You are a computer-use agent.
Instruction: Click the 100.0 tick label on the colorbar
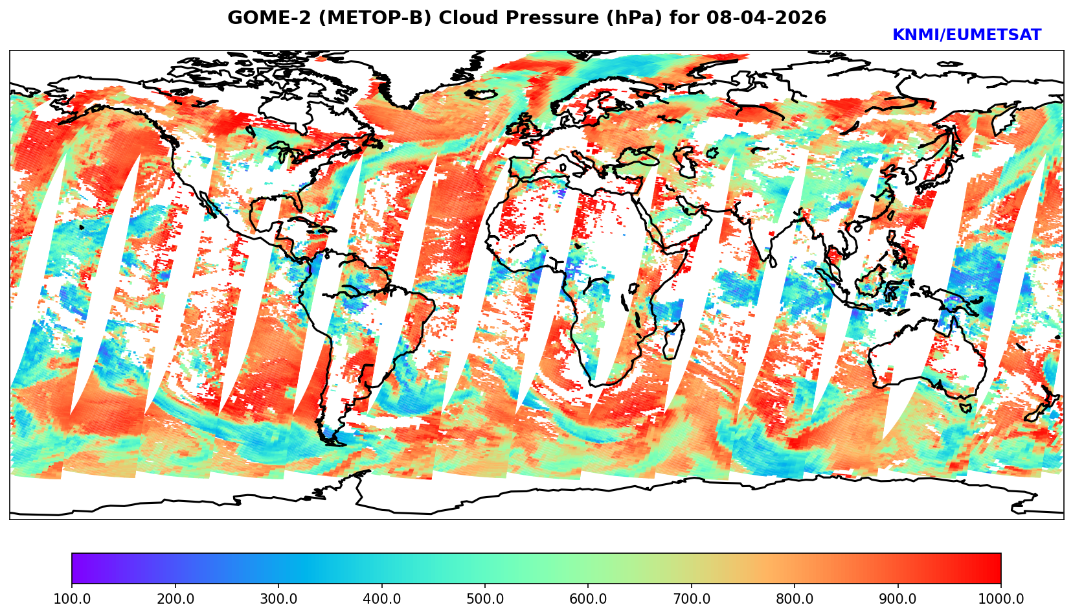(x=71, y=599)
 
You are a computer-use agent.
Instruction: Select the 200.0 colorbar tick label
(x=175, y=599)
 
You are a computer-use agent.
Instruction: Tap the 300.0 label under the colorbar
(x=278, y=599)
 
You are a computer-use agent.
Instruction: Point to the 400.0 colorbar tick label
(x=381, y=599)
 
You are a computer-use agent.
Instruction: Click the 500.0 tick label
(x=484, y=599)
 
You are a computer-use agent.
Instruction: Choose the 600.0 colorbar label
(x=588, y=599)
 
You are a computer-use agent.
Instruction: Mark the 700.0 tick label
(x=691, y=599)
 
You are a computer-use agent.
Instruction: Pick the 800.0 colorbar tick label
(x=795, y=599)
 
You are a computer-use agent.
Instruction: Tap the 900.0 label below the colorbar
(x=898, y=599)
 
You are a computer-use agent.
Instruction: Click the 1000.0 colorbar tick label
(x=1000, y=599)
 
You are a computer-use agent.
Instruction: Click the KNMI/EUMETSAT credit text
(x=966, y=36)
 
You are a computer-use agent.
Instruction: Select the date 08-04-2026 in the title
(x=767, y=18)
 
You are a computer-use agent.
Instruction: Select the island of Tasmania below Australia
(x=966, y=409)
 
